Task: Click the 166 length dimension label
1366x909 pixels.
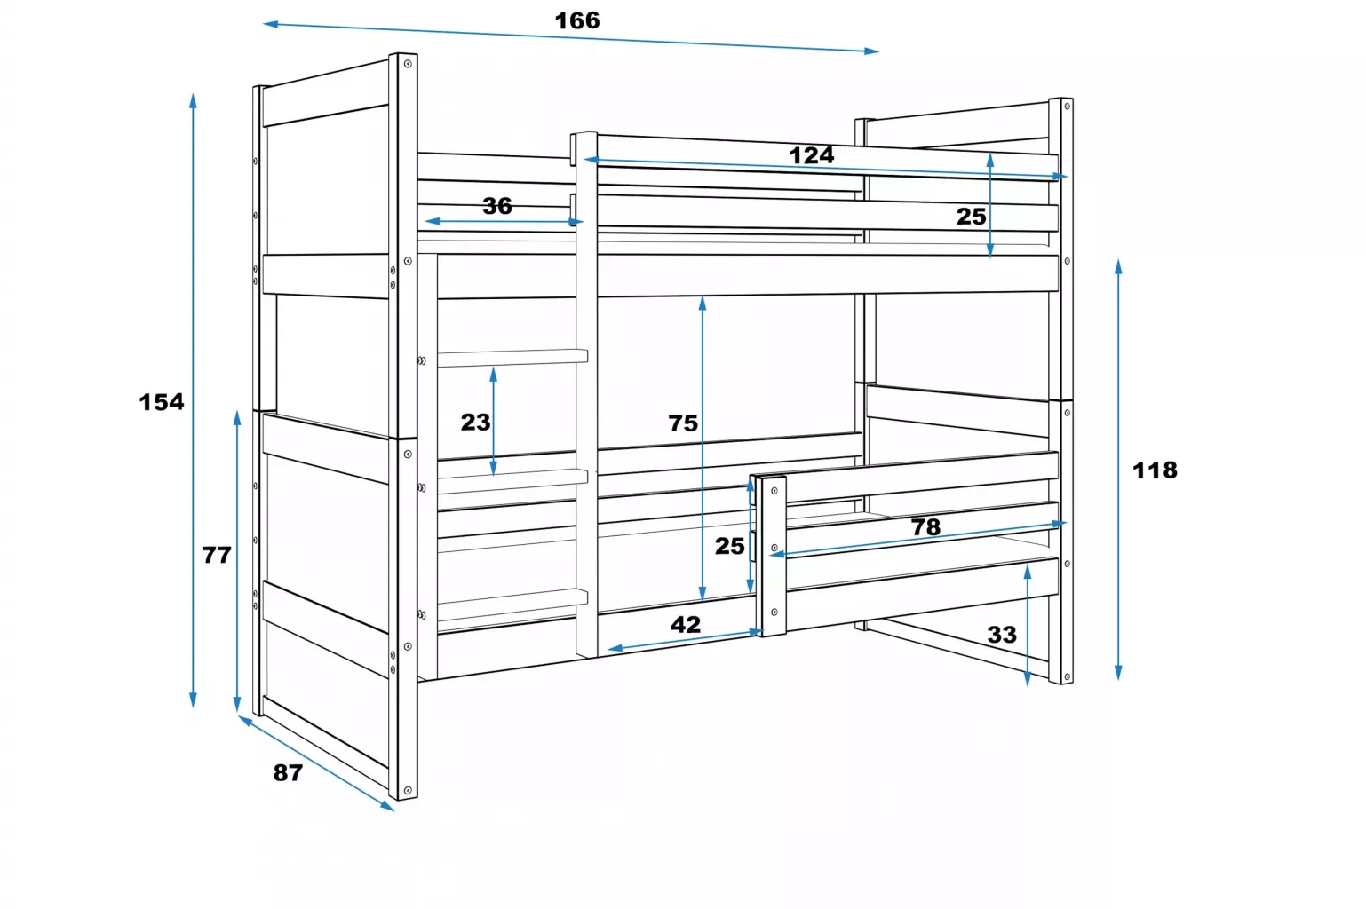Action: pos(577,20)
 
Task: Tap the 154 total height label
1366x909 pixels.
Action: pos(161,402)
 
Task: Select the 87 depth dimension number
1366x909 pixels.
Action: pos(288,772)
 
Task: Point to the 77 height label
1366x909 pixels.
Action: pos(217,555)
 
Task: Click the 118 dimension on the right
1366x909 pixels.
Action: pos(1155,470)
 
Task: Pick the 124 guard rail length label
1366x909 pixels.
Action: pos(811,155)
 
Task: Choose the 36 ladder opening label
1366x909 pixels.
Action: pos(497,206)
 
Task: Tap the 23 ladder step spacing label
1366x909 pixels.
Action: pos(475,422)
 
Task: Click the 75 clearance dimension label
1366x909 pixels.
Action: pos(682,423)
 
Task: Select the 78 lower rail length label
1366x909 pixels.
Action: pos(925,526)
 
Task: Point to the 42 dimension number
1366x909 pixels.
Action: pos(686,624)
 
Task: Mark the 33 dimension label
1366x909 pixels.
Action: pos(1002,635)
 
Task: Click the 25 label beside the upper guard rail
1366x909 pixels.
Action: pos(971,217)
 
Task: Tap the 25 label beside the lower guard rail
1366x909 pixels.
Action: pos(729,546)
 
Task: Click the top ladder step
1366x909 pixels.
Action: pos(512,358)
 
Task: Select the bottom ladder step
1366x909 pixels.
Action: pos(512,605)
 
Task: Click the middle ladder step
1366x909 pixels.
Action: pos(512,481)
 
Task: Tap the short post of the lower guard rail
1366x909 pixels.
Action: pos(772,555)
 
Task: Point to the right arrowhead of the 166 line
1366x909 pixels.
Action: pos(872,51)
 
